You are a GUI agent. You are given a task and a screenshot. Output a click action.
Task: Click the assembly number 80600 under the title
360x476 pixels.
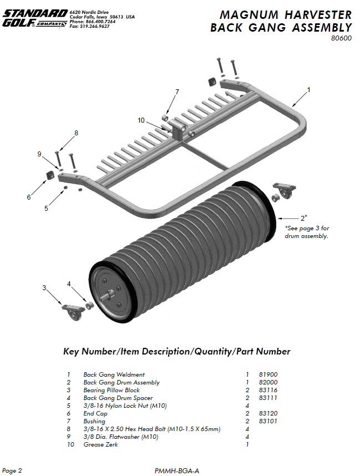(341, 38)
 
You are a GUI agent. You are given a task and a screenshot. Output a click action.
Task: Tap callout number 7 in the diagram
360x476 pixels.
(177, 92)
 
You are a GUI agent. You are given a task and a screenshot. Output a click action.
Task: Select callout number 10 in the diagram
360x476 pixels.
(141, 120)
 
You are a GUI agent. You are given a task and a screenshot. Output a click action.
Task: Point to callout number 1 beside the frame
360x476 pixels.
(308, 89)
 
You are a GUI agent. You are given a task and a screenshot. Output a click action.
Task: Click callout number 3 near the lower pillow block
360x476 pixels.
(44, 287)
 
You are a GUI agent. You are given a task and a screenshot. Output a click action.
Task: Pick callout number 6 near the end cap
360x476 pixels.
(28, 197)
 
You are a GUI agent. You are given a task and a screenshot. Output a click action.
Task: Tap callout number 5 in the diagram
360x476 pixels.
(46, 209)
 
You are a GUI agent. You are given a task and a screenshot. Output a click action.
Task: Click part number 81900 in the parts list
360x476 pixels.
(268, 374)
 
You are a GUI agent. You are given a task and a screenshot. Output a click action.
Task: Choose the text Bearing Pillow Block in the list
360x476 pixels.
(111, 390)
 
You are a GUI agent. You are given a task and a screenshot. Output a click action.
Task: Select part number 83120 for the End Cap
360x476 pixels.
(268, 413)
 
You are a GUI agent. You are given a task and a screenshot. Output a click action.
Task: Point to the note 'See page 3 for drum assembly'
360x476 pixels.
(307, 232)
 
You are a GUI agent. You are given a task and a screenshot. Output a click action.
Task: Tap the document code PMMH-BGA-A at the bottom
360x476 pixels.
(177, 470)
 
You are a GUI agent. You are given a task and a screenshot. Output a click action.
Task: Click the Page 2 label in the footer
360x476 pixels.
(12, 470)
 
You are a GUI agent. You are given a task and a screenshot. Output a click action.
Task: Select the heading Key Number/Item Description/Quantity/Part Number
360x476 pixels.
(177, 351)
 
